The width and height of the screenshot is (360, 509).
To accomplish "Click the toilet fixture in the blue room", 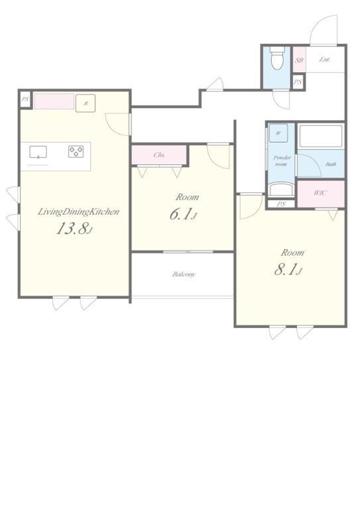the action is coord(277,58).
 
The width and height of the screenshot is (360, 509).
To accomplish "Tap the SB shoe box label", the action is coord(299,60).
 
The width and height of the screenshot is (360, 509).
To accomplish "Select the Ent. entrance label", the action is coord(325,60).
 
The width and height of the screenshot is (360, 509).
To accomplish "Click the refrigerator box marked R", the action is coord(86,103).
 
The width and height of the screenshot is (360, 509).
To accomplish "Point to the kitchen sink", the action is coord(38,152).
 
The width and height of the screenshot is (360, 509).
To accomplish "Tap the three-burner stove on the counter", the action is coord(76,152).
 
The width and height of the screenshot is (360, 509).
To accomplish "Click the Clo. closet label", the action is coord(159,155).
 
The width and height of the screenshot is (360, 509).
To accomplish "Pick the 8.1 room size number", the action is coord(288,270).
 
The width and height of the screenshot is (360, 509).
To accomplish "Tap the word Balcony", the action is coord(184,274).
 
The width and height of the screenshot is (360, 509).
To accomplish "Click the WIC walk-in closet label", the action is coord(320,193).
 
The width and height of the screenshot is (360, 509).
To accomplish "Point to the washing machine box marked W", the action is coord(278,133).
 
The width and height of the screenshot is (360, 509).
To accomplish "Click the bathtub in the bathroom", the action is coord(321,136).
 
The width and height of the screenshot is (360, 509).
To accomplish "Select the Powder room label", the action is coord(281,160).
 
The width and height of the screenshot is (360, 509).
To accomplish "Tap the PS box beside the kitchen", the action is coord(25,99).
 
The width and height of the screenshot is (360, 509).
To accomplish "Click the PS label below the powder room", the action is coord(281,204).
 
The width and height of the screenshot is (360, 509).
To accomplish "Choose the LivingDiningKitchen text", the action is coord(78,212).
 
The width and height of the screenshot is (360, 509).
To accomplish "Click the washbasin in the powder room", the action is coord(281,190).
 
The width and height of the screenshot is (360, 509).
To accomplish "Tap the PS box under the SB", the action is coord(298,82).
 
